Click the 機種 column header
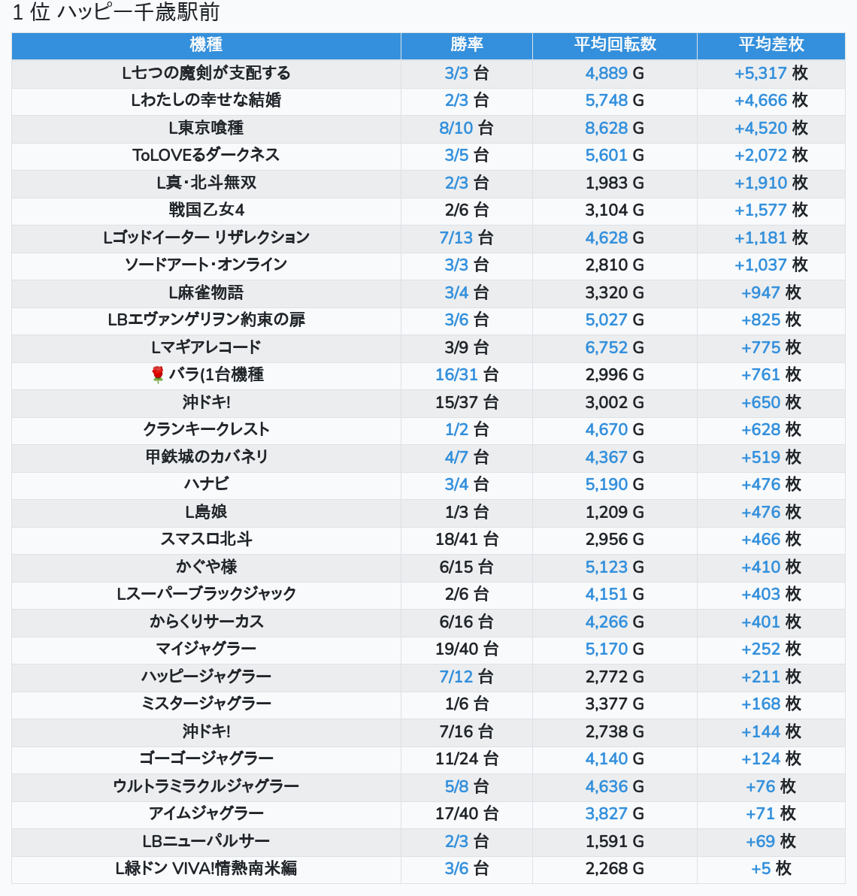pos(206,45)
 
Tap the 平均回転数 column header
pos(615,45)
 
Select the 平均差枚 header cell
pos(771,45)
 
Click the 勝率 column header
pos(467,45)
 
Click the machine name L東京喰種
pos(206,128)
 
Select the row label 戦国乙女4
pos(206,210)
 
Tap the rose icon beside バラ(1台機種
pos(158,375)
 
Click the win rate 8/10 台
pos(467,128)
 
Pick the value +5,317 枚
pos(771,73)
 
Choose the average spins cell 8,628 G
pos(615,128)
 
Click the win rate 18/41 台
pos(467,540)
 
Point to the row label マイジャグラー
pos(206,649)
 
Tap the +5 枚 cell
pos(771,869)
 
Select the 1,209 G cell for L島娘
pos(615,512)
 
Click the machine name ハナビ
pos(206,485)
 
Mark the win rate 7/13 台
pos(467,238)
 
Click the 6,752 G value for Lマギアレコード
pos(615,347)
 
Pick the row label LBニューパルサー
pos(206,841)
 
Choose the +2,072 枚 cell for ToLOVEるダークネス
pos(771,156)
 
